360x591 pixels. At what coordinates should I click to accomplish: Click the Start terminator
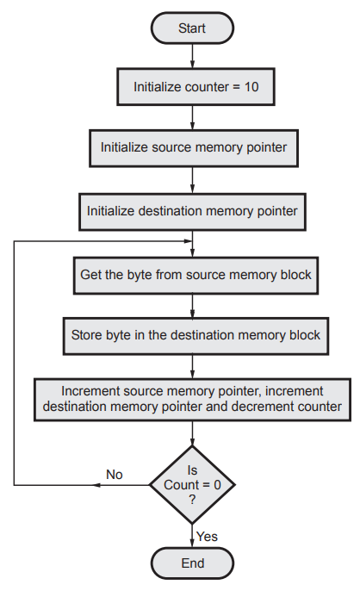[192, 28]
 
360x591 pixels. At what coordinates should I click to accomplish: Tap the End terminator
[192, 563]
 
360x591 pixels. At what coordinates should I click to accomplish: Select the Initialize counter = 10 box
[196, 87]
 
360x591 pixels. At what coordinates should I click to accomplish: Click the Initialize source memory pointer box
[194, 148]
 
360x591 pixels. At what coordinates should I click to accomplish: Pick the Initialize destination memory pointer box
[192, 212]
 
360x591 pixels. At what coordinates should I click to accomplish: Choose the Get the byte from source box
[196, 276]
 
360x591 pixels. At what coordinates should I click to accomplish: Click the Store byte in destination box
[196, 336]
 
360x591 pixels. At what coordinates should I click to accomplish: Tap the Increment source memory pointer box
[192, 400]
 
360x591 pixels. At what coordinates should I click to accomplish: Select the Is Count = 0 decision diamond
[192, 485]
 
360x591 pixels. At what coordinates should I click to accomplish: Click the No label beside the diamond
[115, 474]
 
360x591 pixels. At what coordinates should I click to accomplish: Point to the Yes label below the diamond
[207, 537]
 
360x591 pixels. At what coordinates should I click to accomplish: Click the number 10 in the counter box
[251, 87]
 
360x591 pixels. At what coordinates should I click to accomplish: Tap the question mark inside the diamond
[192, 500]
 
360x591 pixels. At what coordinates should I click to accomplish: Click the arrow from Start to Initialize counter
[192, 56]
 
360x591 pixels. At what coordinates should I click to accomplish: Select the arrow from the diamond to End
[192, 536]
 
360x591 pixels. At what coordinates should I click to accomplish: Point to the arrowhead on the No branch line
[97, 485]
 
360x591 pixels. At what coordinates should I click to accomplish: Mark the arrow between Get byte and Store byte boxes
[192, 306]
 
